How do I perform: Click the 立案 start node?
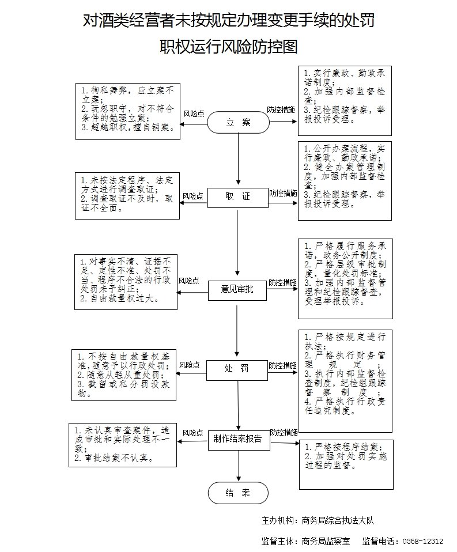tap(238, 122)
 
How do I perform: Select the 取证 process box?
tap(238, 196)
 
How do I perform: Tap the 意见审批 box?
tap(237, 289)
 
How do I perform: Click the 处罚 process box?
tap(237, 369)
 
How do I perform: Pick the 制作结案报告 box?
tap(238, 439)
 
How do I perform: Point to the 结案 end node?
tap(238, 493)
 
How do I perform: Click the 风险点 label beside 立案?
tap(194, 114)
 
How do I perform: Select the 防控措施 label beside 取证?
tap(283, 193)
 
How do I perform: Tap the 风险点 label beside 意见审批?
tap(188, 281)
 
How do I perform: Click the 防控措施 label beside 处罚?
tap(282, 365)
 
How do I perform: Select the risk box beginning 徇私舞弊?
tap(127, 111)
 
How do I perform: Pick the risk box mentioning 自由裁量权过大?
tap(125, 282)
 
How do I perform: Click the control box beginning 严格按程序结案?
tap(345, 464)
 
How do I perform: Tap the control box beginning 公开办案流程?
tap(345, 180)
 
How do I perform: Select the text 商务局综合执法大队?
tap(338, 520)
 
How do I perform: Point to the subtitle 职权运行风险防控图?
tap(229, 47)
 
